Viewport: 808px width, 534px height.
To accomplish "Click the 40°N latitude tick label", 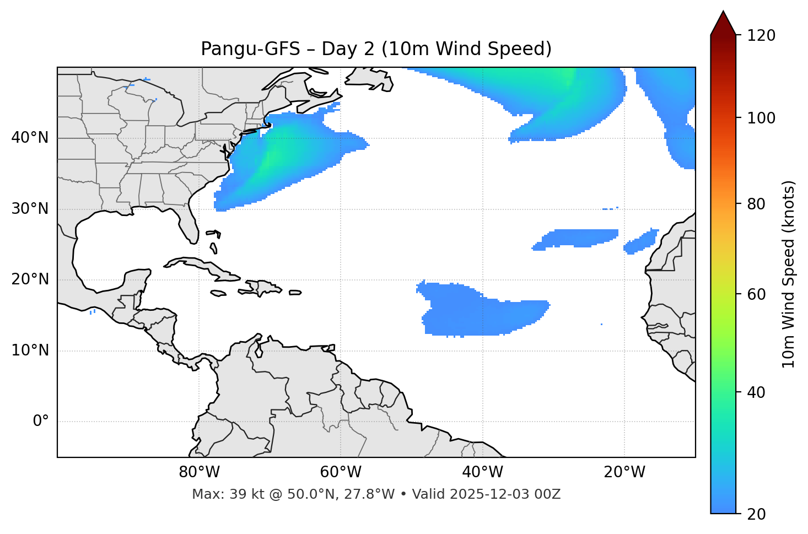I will point(30,138).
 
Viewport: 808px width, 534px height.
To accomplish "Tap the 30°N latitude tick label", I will point(30,209).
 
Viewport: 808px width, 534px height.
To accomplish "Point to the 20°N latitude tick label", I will point(30,279).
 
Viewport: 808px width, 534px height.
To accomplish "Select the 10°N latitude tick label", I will point(30,350).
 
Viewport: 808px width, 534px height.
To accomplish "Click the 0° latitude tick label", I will point(41,422).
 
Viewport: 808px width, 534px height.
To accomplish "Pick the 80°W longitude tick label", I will point(199,472).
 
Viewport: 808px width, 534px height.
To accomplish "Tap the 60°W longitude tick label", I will point(341,472).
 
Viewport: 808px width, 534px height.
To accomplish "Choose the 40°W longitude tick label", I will point(482,472).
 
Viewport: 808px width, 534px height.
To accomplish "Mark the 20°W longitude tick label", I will point(624,472).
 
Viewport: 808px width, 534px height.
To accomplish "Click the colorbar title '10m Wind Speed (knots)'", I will point(789,274).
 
